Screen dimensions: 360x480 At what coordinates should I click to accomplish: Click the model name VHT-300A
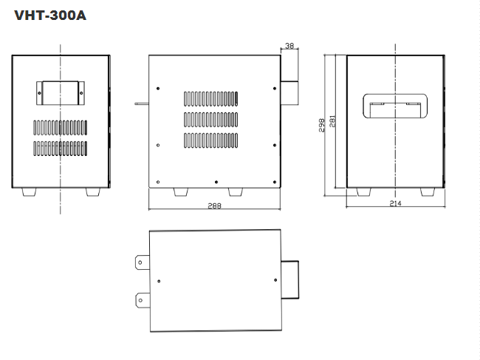tap(50, 15)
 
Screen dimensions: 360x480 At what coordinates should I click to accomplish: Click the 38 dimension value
tap(289, 46)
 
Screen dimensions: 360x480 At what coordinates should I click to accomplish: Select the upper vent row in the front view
tap(60, 126)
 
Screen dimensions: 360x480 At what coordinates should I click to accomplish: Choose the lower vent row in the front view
tap(60, 148)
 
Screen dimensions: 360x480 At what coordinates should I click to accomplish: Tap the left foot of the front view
tap(29, 191)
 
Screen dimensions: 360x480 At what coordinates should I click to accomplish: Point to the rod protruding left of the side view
tap(141, 103)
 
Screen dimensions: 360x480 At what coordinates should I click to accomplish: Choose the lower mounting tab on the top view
tap(141, 299)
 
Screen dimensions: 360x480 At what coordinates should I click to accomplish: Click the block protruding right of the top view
tap(290, 280)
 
